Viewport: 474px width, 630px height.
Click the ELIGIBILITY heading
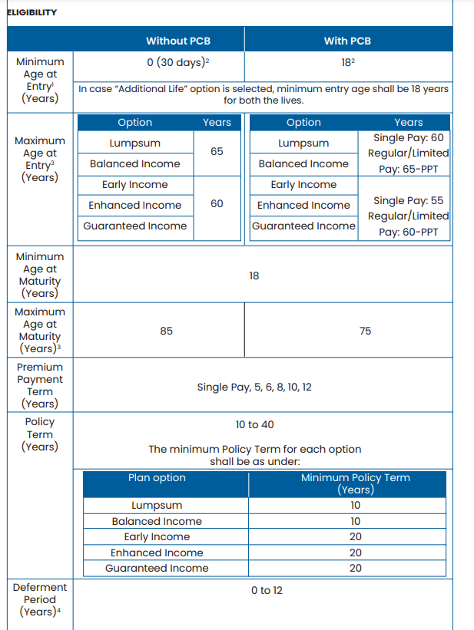[x=31, y=13]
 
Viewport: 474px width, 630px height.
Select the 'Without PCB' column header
[x=178, y=41]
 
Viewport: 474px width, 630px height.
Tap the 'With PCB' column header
[x=347, y=41]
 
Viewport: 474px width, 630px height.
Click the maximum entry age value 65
[x=217, y=152]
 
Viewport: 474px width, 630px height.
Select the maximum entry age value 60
[x=217, y=205]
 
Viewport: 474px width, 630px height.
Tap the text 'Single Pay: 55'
[x=408, y=200]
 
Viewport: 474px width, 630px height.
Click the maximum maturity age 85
[x=167, y=331]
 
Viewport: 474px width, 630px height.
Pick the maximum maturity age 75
[x=365, y=331]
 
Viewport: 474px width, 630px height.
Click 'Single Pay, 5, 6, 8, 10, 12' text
[x=254, y=388]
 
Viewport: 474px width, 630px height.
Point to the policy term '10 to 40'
[x=254, y=424]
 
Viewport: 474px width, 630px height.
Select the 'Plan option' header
[x=157, y=477]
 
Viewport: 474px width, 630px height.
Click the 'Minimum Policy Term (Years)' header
[x=355, y=483]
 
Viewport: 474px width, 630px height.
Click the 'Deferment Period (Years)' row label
[x=39, y=599]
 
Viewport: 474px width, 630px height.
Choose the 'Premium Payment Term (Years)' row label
[x=39, y=385]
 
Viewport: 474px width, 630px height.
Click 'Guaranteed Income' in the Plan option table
[x=157, y=569]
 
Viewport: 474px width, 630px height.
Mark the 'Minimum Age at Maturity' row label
[x=39, y=275]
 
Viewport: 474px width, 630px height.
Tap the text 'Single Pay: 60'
[x=408, y=138]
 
